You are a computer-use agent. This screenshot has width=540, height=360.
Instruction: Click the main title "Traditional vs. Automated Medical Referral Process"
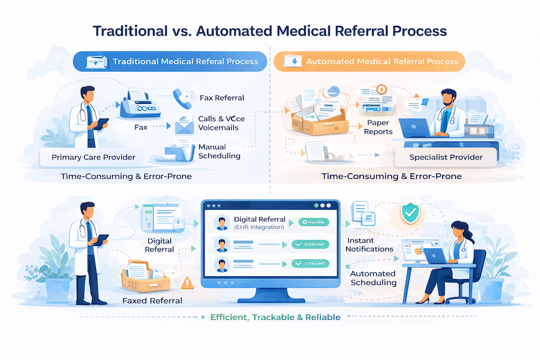point(270,30)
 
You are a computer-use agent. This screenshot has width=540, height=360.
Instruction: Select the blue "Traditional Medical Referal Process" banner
point(174,61)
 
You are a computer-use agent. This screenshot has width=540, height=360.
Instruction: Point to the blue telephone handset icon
point(182,98)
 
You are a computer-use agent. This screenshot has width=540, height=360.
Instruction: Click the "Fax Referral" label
point(221,98)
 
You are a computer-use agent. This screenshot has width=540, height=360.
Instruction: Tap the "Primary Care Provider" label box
point(92,157)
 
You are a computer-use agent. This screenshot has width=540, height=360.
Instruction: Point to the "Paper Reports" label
point(379,127)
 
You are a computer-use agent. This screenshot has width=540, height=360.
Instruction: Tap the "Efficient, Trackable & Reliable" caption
point(275,317)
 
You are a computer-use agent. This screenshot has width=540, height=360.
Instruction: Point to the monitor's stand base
point(270,298)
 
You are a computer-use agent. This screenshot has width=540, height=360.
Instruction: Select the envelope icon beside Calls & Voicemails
point(182,126)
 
